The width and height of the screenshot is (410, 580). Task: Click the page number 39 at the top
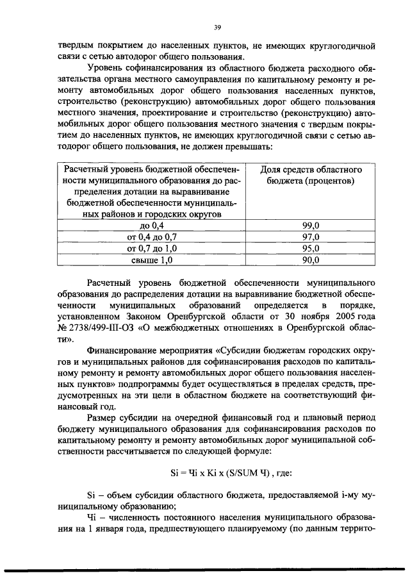[x=217, y=26]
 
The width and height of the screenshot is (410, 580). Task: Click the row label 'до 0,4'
[x=152, y=226]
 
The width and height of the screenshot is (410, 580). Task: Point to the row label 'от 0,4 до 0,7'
[x=152, y=237]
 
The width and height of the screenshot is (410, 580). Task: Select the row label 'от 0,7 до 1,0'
[x=152, y=249]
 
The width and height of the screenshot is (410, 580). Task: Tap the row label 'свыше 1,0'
[x=152, y=260]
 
